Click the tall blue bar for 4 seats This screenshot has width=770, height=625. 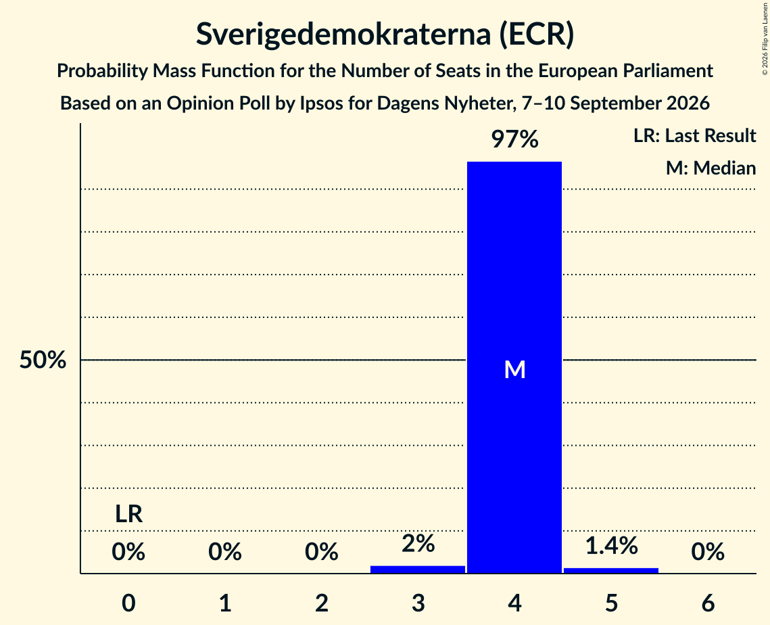(514, 367)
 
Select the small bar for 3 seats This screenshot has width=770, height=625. (418, 570)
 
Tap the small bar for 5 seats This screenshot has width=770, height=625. (611, 570)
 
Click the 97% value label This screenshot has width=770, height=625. (514, 139)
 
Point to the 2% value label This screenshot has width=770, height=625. (418, 543)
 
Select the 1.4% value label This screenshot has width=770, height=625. (611, 545)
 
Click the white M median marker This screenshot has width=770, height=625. (514, 369)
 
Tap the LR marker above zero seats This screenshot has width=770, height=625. (128, 514)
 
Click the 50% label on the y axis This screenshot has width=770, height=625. (43, 360)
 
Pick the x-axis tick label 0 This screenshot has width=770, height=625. (128, 603)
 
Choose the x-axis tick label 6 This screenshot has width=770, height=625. (708, 603)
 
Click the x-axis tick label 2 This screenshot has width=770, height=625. (322, 603)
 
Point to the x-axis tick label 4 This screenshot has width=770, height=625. (514, 603)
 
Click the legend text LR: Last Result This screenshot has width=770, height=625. (694, 135)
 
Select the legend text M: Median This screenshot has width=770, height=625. (711, 168)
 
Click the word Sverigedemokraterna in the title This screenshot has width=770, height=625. (343, 34)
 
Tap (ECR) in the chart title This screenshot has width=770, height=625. (537, 34)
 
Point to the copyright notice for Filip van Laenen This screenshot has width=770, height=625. (765, 39)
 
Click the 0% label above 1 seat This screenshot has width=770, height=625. (225, 552)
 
